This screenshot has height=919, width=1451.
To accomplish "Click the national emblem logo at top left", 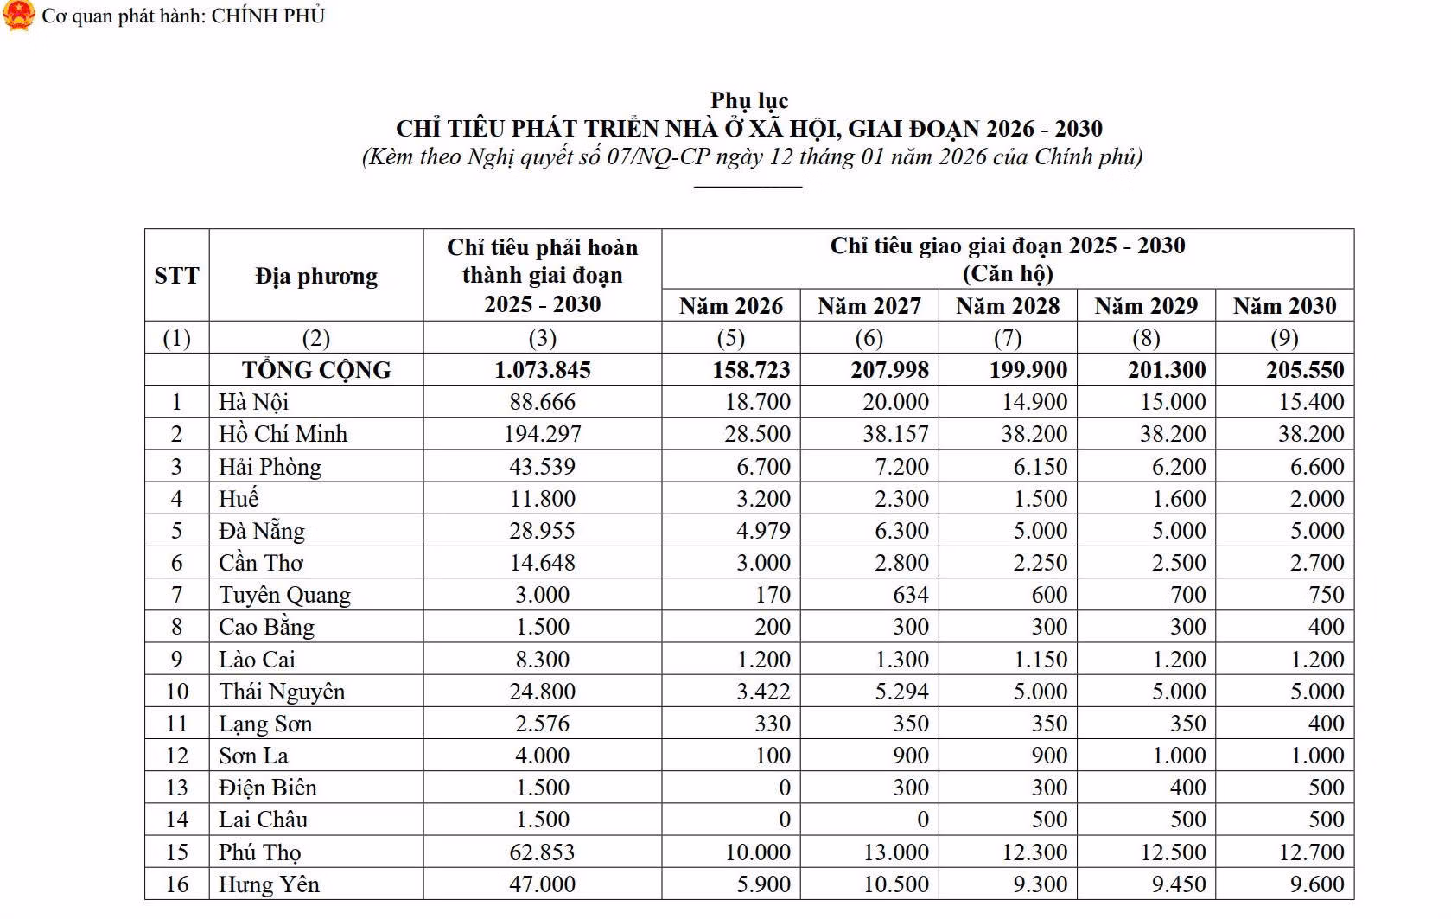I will click(18, 16).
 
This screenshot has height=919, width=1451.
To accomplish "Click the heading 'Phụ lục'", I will click(748, 100).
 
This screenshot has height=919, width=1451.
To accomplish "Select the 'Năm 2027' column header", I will click(869, 306).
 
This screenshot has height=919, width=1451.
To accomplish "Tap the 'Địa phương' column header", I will click(316, 277).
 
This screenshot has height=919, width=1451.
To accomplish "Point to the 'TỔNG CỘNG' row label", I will click(316, 370).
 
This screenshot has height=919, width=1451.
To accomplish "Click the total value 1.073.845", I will click(543, 370).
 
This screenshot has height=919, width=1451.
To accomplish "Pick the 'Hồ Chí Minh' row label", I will click(283, 434).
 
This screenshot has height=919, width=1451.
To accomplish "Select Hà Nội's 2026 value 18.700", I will click(758, 402).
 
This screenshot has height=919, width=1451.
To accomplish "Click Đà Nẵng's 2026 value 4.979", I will click(763, 531).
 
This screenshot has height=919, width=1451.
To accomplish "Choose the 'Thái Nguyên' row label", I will click(282, 692).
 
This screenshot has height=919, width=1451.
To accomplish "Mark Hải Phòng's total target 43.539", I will click(543, 467).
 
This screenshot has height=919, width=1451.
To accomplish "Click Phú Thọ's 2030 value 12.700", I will click(1311, 852).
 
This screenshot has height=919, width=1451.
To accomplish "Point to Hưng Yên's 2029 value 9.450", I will click(1173, 884).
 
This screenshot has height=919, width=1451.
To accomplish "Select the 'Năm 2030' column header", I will click(1284, 306).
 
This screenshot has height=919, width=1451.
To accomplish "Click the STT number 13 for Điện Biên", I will click(176, 788).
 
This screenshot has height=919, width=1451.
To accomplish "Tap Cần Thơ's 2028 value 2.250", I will click(1041, 563).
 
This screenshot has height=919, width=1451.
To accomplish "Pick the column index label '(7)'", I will click(1008, 338).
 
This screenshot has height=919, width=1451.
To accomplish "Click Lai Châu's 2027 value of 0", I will click(922, 820).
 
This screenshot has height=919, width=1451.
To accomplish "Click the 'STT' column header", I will click(176, 277).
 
